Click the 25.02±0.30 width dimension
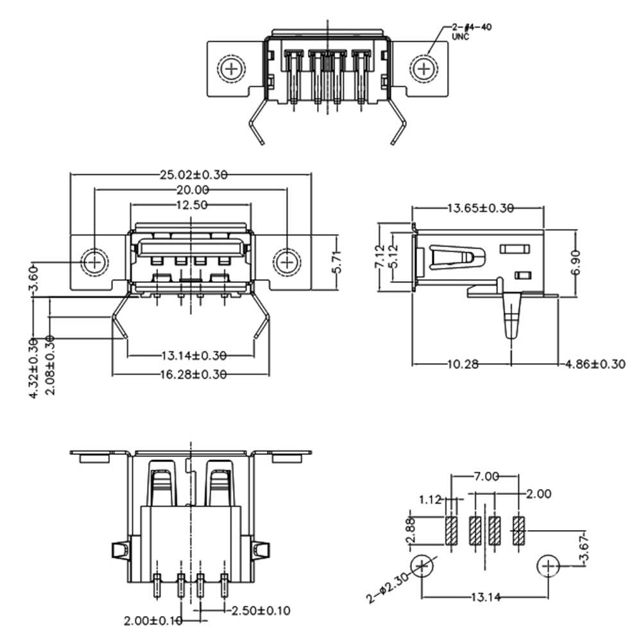(194, 175)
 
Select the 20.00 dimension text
(193, 190)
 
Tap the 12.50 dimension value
(191, 205)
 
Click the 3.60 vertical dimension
(35, 278)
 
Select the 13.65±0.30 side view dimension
(480, 209)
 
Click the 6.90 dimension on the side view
(576, 262)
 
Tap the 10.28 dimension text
(462, 364)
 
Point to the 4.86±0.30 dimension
(596, 364)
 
